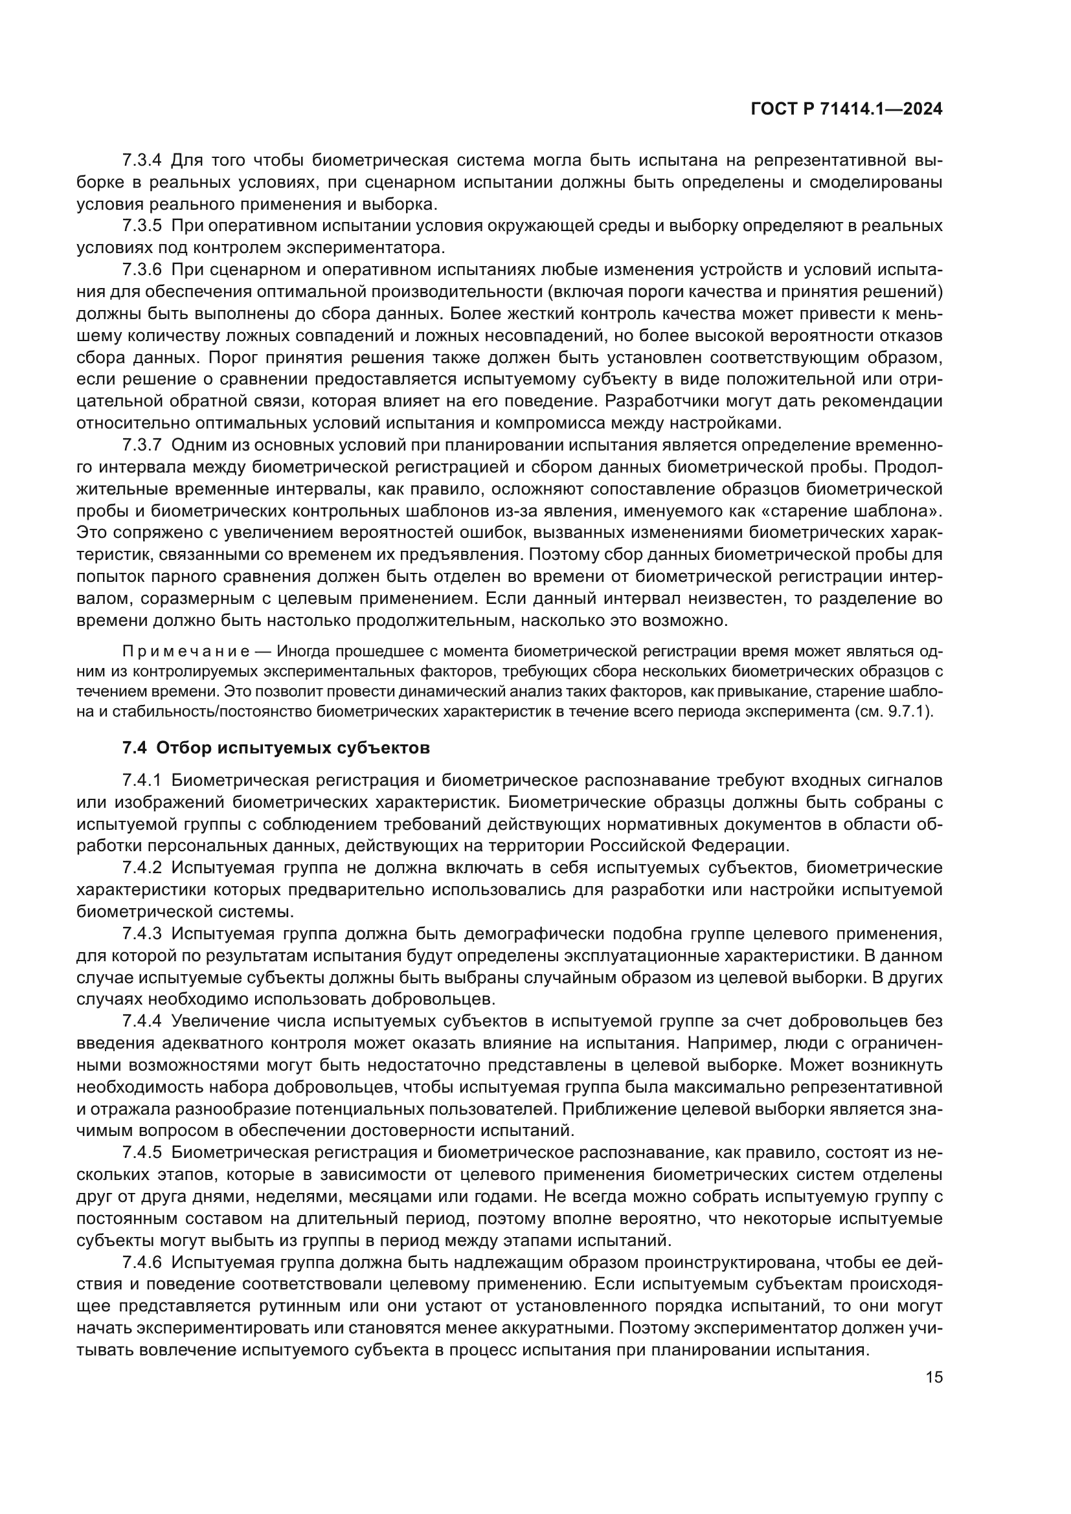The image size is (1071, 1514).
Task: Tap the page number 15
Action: (x=934, y=1377)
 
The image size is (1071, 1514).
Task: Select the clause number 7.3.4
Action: (x=142, y=161)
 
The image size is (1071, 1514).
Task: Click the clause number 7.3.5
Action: (x=142, y=225)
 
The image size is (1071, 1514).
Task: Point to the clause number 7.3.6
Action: (x=142, y=270)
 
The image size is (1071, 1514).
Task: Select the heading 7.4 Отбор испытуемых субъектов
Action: (x=276, y=748)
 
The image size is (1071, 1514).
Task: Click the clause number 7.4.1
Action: (x=142, y=780)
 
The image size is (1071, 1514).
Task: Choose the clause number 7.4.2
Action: (x=142, y=868)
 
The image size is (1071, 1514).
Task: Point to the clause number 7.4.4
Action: (x=142, y=1021)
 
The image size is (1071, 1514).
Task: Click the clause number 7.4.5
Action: (x=142, y=1153)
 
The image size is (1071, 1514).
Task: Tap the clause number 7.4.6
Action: (x=142, y=1263)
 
